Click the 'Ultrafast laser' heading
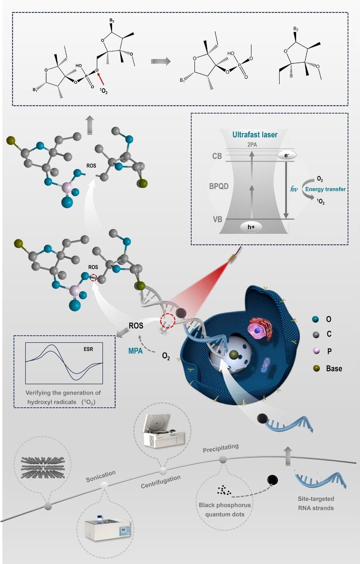point(254,135)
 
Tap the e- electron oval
point(286,155)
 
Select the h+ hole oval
point(251,227)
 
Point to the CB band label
point(217,156)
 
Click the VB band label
point(217,219)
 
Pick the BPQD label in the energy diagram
point(219,186)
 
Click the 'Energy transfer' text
point(325,189)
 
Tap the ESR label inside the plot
point(88,349)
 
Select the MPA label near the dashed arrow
point(135,351)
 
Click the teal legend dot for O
point(316,319)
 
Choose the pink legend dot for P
point(316,351)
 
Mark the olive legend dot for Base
point(316,368)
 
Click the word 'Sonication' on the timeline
point(101,476)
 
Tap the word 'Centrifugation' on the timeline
point(160,482)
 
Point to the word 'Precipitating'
point(221,448)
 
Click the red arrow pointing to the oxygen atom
point(102,79)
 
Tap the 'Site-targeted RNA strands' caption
point(316,503)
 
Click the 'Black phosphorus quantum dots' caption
point(225,509)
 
